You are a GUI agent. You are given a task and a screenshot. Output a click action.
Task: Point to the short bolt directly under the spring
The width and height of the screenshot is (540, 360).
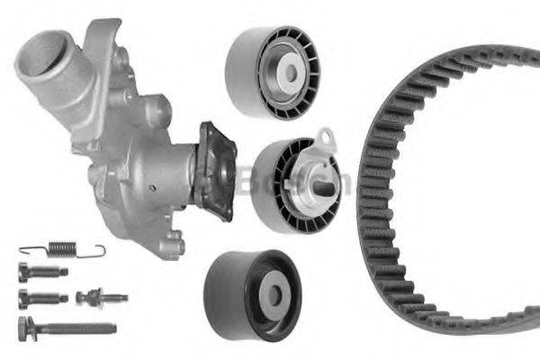40,272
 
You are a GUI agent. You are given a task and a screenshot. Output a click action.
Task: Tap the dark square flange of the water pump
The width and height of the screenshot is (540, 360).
217,170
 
